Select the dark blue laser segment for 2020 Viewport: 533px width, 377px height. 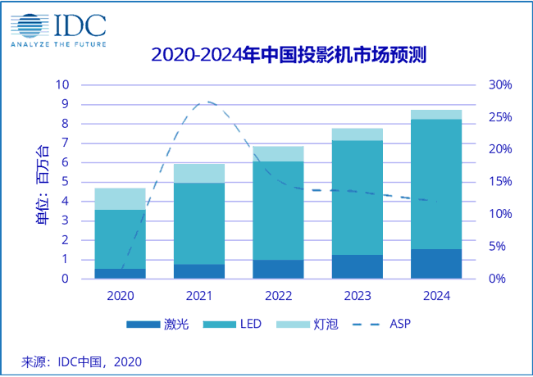click(x=121, y=274)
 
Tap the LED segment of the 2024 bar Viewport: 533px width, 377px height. click(x=437, y=184)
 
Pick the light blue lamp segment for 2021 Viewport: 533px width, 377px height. click(x=199, y=173)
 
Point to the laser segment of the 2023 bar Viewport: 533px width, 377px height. click(x=358, y=266)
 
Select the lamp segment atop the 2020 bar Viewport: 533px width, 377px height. click(x=121, y=199)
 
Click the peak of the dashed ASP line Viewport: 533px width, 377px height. click(x=208, y=102)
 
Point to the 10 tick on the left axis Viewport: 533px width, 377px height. click(x=62, y=85)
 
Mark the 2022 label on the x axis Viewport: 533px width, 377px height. click(x=279, y=293)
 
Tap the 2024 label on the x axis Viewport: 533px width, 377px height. click(x=437, y=293)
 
